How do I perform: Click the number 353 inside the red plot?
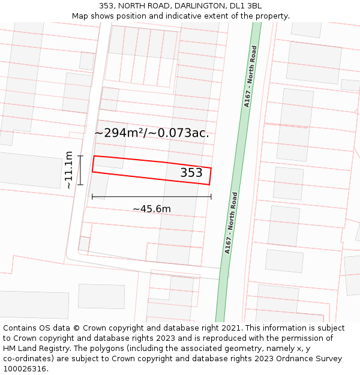coord(191,173)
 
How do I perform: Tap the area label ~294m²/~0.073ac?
coord(152,133)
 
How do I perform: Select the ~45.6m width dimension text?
coord(152,209)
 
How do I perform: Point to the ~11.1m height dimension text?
coord(69,170)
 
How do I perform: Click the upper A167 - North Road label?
coord(250,76)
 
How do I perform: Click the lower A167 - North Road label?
coord(231,223)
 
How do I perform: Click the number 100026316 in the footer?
coord(25,369)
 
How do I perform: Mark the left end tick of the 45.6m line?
coord(92,196)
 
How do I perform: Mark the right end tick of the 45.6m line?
coord(211,196)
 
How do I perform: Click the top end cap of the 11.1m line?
coord(80,156)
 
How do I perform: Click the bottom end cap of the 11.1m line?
coord(80,185)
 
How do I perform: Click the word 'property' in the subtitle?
coord(271,16)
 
